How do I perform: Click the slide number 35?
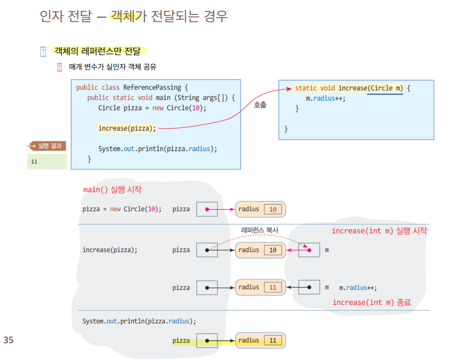pos(8,341)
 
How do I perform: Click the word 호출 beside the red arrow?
pos(260,105)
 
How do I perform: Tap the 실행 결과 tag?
pos(48,146)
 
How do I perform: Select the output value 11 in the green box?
pos(34,162)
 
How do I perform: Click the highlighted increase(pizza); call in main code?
pos(127,128)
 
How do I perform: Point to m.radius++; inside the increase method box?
pos(325,98)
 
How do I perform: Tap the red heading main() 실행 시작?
pos(112,190)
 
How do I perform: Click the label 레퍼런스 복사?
pos(260,230)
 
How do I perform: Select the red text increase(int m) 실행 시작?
pos(379,231)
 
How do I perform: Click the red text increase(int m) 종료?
pos(372,302)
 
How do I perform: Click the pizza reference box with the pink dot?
pos(207,209)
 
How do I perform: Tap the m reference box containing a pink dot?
pos(309,250)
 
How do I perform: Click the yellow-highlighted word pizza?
pos(181,341)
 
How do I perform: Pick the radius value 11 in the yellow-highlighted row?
pos(273,341)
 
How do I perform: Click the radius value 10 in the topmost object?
pos(273,209)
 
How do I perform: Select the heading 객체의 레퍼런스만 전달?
pos(97,51)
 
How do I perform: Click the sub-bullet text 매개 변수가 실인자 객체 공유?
pos(113,67)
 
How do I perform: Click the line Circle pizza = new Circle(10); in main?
pos(152,108)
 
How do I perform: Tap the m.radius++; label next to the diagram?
pos(358,287)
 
